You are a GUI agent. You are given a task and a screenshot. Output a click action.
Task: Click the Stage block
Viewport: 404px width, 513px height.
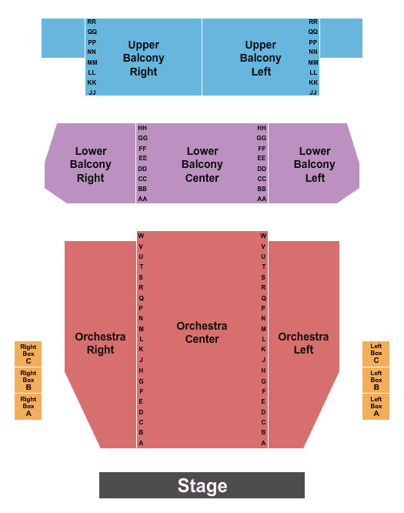pos(202,485)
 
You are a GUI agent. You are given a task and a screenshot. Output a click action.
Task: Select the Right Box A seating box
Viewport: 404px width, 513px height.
pos(28,407)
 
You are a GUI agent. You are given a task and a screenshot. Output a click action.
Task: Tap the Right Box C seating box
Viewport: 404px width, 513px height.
pos(28,354)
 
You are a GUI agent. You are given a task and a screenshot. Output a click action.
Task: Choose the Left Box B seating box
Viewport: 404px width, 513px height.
pos(376,380)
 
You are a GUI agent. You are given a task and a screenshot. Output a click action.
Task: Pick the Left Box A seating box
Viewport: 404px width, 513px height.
pos(376,407)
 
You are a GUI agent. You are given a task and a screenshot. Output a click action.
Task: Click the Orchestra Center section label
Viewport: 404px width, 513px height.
pos(202,333)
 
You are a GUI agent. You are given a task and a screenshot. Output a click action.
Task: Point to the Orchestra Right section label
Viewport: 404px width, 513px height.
pos(100,344)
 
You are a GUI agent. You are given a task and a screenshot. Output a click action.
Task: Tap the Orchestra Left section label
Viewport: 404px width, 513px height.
pos(303,344)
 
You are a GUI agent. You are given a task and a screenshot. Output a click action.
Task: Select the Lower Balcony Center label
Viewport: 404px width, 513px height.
pos(202,165)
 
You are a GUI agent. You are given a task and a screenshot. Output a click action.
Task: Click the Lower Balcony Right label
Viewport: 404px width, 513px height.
pos(91,165)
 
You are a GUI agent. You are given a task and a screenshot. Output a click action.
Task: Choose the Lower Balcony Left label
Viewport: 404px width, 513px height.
pos(315,165)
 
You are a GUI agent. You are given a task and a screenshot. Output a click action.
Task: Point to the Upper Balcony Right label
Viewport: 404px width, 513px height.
pos(143,59)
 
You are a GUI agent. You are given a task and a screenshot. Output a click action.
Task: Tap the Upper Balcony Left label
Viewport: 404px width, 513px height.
pos(261,59)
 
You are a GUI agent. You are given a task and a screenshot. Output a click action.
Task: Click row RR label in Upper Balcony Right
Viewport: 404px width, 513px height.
pos(92,22)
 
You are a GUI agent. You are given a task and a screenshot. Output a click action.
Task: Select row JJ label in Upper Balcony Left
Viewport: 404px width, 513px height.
pos(313,92)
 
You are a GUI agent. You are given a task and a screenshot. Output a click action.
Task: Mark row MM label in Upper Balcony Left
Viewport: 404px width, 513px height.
pos(313,62)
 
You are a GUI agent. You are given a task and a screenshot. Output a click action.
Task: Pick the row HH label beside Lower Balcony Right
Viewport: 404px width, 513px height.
pos(142,128)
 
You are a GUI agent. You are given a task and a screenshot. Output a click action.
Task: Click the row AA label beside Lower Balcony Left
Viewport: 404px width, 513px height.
pos(262,199)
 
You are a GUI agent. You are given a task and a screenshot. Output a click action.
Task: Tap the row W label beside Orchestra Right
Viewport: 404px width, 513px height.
pos(141,236)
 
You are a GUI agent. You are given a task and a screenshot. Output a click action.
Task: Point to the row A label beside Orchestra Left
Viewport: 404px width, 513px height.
pos(263,443)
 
